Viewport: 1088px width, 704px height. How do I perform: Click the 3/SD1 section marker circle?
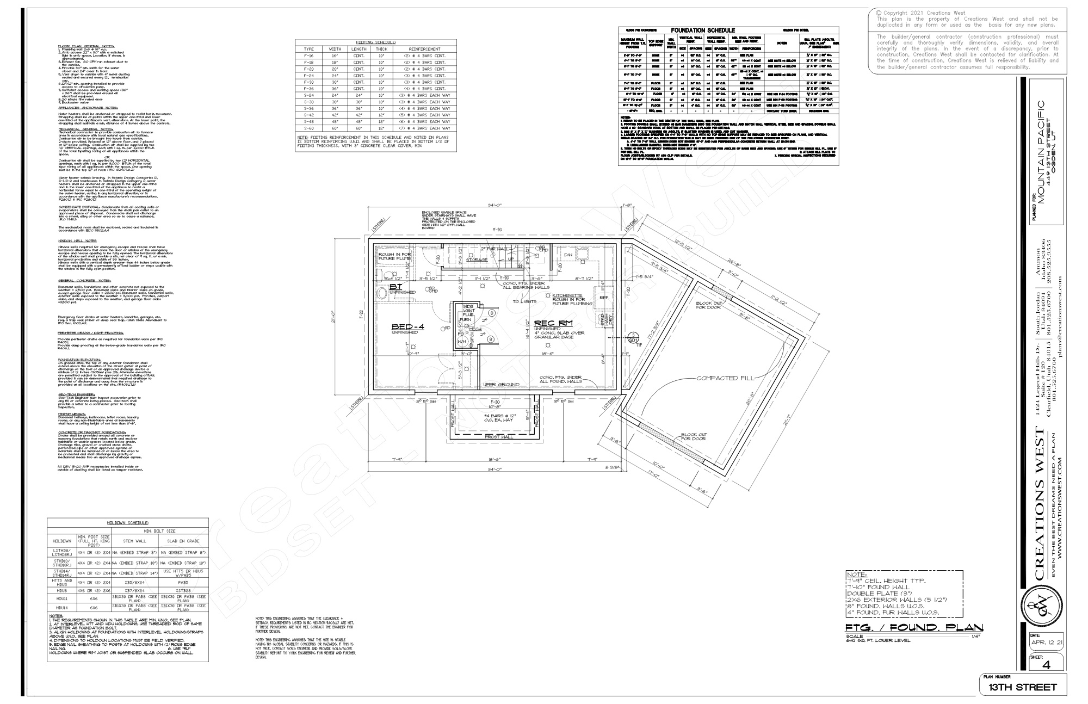pos(633,338)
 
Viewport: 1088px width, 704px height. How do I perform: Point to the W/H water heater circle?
pos(462,342)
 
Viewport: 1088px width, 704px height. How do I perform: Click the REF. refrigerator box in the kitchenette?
pos(604,298)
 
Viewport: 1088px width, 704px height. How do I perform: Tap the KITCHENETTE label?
pos(567,295)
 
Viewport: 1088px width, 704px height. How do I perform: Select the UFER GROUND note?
pos(501,385)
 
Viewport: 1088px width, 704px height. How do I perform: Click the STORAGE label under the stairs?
pos(477,260)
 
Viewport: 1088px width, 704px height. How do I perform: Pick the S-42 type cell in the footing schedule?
pos(309,115)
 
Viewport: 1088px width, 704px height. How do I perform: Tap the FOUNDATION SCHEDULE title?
pos(703,30)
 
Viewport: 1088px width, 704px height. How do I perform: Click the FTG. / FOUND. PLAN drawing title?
pos(914,628)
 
